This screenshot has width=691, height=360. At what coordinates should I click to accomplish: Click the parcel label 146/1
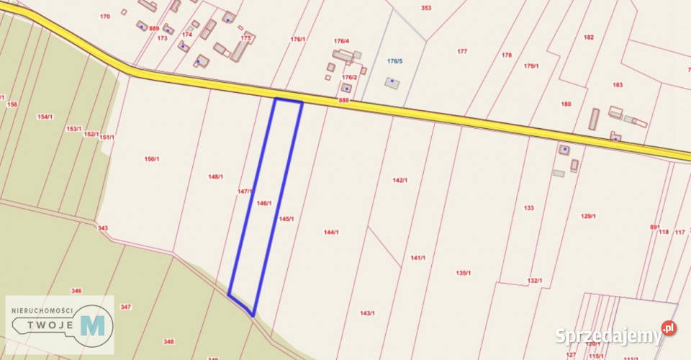coord(263,204)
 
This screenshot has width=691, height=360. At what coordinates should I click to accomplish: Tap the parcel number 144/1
coord(331,232)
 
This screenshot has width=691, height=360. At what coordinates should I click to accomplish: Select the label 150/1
coord(151,158)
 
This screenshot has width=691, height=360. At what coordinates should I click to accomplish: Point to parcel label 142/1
coord(400,180)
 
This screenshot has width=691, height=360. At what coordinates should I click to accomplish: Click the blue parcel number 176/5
coord(394,61)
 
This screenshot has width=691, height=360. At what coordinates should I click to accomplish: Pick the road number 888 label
coord(343,101)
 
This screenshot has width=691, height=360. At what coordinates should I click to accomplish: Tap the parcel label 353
coord(426,8)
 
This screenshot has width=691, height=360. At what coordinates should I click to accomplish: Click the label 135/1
coord(464,273)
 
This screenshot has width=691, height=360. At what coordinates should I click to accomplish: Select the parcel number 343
coord(103,228)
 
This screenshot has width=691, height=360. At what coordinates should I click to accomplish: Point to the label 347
coord(126,307)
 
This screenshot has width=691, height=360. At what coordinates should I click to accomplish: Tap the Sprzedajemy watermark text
coord(608,336)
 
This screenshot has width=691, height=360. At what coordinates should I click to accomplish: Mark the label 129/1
coord(590,216)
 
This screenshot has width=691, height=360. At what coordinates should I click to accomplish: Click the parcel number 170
coord(105,16)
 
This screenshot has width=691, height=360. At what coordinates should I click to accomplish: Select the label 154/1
coord(45,117)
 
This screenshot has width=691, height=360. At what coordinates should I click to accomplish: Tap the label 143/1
coord(367,313)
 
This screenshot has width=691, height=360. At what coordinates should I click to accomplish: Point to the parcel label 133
coord(529,207)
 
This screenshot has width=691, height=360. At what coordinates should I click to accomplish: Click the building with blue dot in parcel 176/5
coord(392,82)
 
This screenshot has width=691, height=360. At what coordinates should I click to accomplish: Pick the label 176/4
coord(341,41)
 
